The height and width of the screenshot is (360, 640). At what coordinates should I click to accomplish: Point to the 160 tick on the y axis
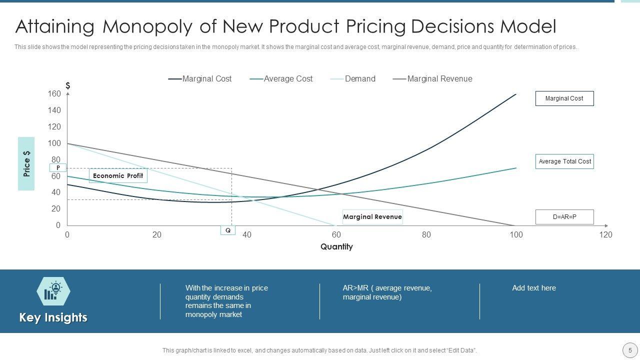54,94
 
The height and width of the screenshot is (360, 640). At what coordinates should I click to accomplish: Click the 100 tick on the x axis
516,235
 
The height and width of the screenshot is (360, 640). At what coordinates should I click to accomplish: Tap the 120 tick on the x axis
605,235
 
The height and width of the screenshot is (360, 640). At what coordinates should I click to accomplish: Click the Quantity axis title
336,246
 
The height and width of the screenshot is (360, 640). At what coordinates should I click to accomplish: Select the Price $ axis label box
26,163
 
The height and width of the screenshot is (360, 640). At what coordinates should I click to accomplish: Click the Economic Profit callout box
118,175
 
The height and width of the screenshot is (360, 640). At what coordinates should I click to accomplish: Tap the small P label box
58,167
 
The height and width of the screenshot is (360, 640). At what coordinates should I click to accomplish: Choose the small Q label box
228,230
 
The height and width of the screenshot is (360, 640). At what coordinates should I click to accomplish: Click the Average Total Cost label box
564,161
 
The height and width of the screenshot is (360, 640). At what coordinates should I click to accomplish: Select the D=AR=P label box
564,217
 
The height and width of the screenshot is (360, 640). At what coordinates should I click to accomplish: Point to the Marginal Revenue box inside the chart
372,216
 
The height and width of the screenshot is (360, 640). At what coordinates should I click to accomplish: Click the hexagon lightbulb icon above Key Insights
53,291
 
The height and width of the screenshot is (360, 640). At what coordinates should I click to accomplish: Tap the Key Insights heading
53,317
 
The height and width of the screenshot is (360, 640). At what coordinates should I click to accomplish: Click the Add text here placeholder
533,288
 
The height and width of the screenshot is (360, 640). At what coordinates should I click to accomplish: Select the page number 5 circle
630,350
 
